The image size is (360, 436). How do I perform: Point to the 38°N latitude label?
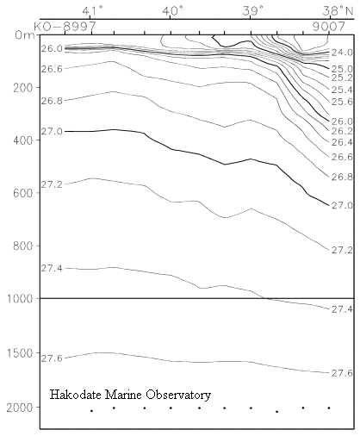(338, 11)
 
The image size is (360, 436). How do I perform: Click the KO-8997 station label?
(65, 27)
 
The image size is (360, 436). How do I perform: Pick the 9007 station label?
(329, 27)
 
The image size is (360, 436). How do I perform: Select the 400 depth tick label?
(22, 140)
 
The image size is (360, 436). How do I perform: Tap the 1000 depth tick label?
(19, 299)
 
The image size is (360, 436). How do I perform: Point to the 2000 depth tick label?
(19, 408)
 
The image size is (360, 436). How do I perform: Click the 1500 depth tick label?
(19, 353)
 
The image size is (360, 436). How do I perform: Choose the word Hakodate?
(76, 395)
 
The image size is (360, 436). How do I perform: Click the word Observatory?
(178, 396)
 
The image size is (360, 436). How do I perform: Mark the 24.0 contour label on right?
(342, 53)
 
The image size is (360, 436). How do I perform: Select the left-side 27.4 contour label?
(52, 268)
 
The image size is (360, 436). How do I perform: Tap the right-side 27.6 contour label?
(342, 373)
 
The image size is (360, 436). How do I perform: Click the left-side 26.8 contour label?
(52, 101)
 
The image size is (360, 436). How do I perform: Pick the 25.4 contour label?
(342, 90)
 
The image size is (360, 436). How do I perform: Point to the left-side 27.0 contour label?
(52, 132)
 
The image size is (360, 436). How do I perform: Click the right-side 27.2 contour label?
(342, 250)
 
